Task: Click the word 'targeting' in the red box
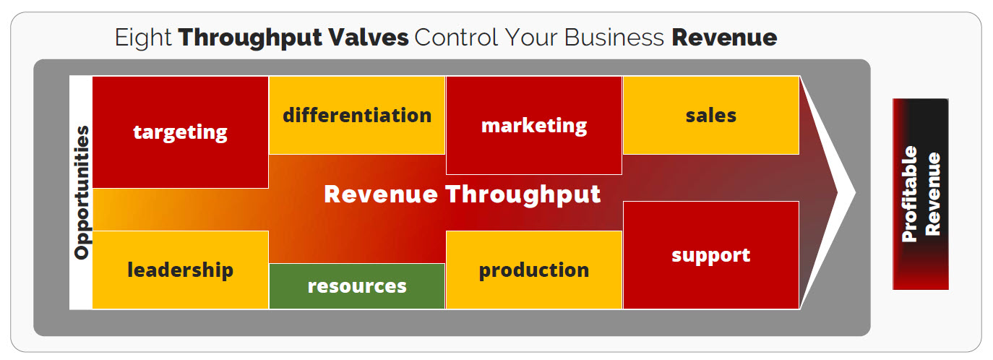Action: point(181,132)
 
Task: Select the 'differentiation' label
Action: point(357,115)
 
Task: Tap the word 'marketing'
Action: point(534,126)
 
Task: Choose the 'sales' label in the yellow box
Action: point(711,115)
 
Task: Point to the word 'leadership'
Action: point(181,270)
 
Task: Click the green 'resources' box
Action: point(357,286)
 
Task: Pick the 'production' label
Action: point(534,270)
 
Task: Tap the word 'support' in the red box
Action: point(711,256)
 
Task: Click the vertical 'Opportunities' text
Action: point(82,192)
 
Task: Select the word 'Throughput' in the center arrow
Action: point(523,194)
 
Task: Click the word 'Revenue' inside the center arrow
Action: point(381,194)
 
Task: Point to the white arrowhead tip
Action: point(855,192)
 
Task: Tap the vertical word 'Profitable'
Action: point(909,194)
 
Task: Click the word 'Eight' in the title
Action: point(143,38)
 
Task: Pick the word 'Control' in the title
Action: point(456,38)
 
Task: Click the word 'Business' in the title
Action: point(614,38)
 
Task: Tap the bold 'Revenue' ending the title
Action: point(724,38)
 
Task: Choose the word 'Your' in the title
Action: point(531,38)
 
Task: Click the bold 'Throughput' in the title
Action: point(250,38)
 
